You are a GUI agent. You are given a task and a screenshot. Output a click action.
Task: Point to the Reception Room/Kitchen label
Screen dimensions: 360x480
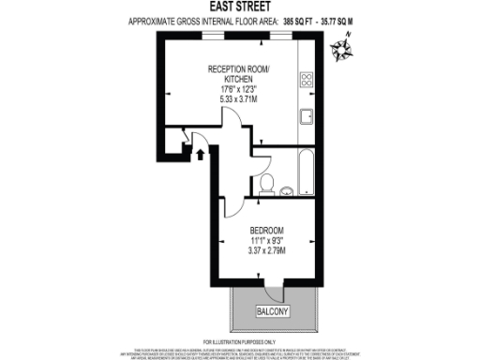pos(239,74)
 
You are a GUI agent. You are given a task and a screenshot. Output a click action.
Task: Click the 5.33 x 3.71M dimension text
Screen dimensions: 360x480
pos(239,97)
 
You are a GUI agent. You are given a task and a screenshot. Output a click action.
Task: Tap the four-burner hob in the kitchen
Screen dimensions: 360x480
pos(306,81)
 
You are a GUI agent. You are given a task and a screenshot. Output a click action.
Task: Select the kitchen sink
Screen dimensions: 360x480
pos(306,116)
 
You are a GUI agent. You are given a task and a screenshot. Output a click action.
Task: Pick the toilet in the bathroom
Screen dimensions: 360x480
pos(266,184)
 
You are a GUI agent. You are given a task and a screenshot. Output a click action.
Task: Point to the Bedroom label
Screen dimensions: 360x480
pos(266,230)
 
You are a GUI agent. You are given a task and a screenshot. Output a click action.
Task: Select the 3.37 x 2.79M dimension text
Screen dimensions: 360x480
pos(266,250)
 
